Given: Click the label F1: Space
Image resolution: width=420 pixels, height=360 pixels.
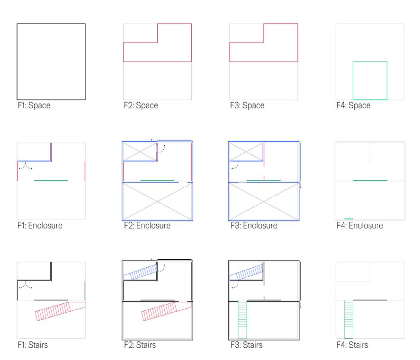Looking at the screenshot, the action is [34, 105].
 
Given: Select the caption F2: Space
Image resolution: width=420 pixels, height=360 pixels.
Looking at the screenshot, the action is [140, 105].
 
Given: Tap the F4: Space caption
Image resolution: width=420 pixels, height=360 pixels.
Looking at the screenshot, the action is [353, 105].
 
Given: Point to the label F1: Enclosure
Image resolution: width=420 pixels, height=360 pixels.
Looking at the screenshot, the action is [39, 225].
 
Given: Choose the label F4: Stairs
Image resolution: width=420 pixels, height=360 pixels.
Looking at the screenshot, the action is [351, 345].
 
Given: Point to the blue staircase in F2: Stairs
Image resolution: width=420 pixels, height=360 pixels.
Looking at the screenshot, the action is [140, 271].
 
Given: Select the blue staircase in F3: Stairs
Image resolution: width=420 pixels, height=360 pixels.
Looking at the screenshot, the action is [246, 271].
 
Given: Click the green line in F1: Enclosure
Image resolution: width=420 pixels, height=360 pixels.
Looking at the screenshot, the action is [51, 181].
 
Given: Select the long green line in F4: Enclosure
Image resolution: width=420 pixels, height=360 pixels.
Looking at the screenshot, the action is [370, 181].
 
